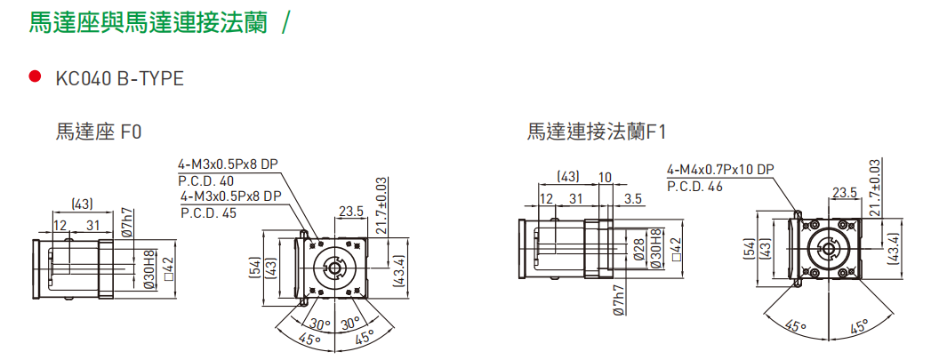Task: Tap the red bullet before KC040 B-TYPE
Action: click(x=36, y=77)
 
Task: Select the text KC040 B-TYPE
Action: click(x=119, y=78)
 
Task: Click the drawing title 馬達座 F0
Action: click(x=99, y=132)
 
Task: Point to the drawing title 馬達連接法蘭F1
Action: click(x=596, y=132)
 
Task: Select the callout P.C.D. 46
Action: click(x=695, y=186)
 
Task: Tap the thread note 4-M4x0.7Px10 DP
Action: click(x=720, y=170)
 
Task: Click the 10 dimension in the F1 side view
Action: click(x=605, y=177)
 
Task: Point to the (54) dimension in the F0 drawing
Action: click(x=255, y=267)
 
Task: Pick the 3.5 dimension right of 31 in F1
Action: click(x=632, y=198)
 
